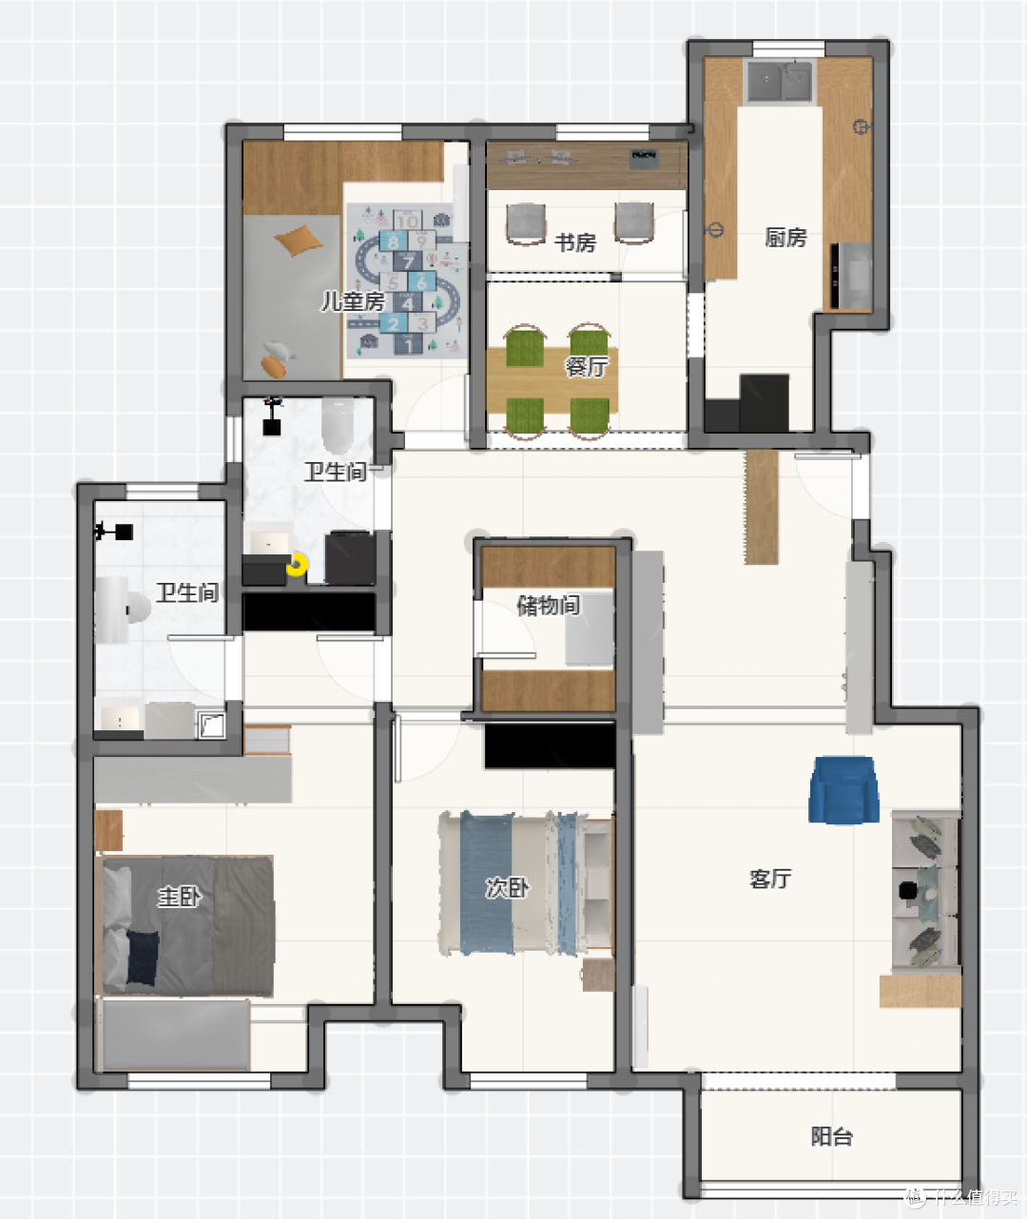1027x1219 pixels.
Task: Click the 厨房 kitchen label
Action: (x=785, y=238)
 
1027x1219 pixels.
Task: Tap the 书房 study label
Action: (x=575, y=242)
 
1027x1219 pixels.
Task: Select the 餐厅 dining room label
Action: (x=586, y=367)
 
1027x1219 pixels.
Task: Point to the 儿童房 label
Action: (x=353, y=301)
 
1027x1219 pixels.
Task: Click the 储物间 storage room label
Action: (x=549, y=605)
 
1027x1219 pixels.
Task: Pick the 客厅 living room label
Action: (x=770, y=878)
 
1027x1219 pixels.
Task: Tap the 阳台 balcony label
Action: (x=831, y=1136)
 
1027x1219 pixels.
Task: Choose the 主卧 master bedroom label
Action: (x=179, y=896)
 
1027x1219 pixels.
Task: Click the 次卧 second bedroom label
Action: (x=507, y=887)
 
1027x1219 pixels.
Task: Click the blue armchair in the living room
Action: (x=843, y=790)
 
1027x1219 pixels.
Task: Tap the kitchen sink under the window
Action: (x=781, y=81)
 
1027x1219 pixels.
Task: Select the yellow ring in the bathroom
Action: (x=298, y=565)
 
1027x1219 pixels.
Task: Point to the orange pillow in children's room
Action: (x=298, y=240)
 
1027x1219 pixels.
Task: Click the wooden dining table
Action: (x=552, y=380)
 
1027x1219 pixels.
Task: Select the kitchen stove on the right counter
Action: (x=851, y=276)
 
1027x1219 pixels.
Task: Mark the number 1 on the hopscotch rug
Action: (x=408, y=344)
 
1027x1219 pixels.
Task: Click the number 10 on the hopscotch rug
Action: (x=408, y=221)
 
